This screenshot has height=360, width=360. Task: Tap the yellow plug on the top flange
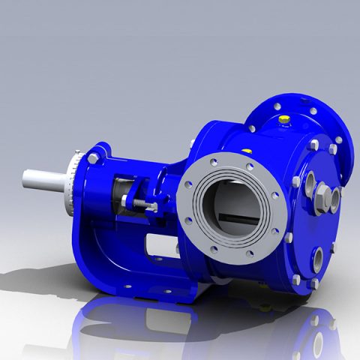pos(283,118)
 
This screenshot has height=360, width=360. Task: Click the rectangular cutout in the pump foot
pos(162,244)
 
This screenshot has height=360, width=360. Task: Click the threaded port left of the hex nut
pos(308,183)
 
